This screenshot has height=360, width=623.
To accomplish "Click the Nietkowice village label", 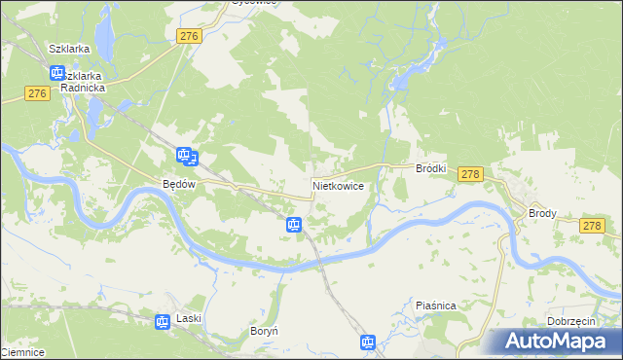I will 339,184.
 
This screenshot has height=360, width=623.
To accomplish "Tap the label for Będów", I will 180,183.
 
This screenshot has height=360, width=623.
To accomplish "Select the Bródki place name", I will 431,168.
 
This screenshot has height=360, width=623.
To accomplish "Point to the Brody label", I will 541,213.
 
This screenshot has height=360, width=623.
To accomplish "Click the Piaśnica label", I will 435,306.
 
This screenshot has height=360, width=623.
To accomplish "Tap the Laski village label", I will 188,319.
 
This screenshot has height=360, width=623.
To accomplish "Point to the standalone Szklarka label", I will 69,48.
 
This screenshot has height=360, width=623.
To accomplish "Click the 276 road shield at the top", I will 190,36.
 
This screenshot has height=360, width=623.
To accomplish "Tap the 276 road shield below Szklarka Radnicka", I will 37,93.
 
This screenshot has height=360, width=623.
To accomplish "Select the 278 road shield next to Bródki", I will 470,174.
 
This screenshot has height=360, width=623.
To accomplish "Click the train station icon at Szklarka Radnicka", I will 56,73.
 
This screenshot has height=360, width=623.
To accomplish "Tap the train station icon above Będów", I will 185,155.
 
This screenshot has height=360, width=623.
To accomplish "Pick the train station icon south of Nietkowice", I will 294,225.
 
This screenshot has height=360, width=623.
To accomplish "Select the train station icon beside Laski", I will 164,320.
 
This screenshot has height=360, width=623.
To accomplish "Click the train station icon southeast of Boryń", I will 368,342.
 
